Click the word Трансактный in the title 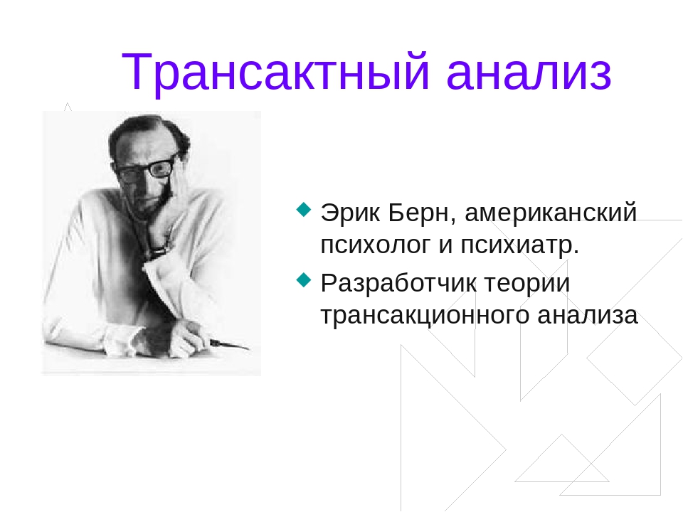pos(276,73)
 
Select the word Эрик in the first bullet pos(351,213)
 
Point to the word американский pos(551,213)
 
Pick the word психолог pos(376,245)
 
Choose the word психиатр pos(519,245)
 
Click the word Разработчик pos(398,284)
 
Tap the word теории pos(527,284)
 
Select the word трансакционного pos(425,316)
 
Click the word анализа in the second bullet pos(588,316)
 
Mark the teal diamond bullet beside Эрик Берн pos(304,209)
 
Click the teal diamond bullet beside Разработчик pos(304,280)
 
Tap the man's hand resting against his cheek pos(172,196)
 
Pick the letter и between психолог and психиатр pos(445,245)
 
